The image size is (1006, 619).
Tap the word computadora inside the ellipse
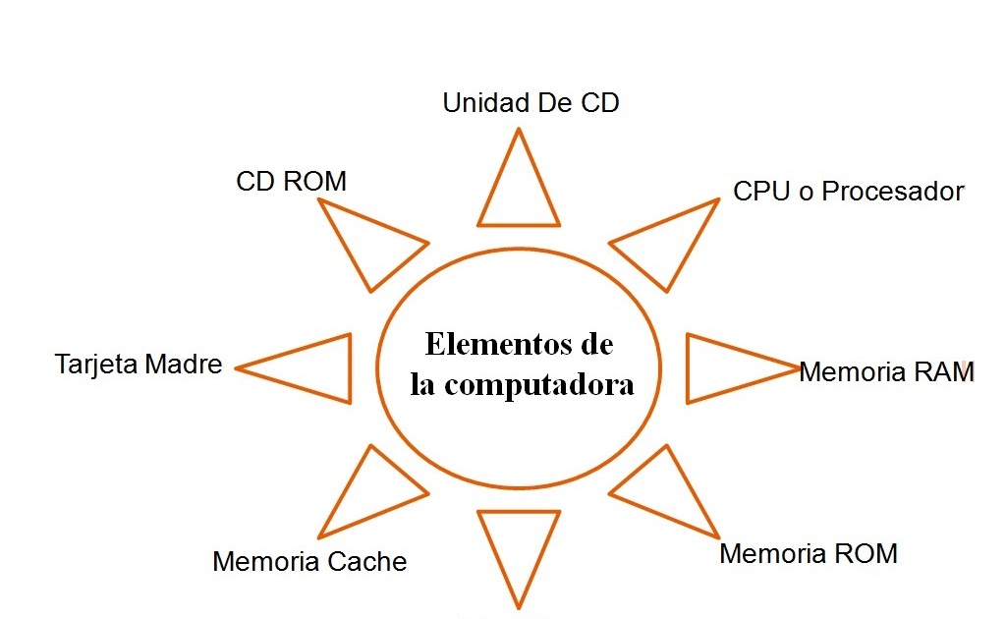pos(538,384)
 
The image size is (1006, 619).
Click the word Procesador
pos(892,191)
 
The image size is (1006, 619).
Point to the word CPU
pos(761,191)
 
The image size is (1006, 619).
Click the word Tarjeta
pos(96,365)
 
